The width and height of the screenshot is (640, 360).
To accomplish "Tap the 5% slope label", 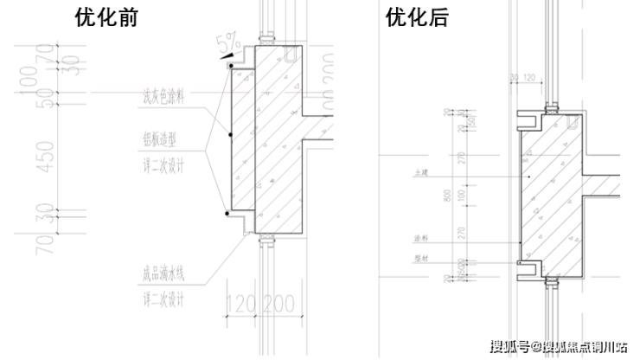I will (x=229, y=42).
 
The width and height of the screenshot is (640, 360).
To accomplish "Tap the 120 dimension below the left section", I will (x=243, y=305).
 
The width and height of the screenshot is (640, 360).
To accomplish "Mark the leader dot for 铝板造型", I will (x=230, y=136).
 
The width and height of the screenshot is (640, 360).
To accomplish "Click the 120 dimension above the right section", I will (x=529, y=78).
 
